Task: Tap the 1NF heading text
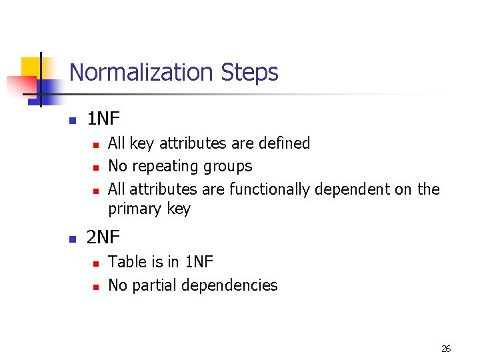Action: click(103, 119)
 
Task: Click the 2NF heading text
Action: click(103, 237)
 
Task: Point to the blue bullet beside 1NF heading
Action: click(73, 121)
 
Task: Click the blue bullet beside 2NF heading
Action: click(73, 238)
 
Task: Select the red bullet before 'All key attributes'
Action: click(95, 144)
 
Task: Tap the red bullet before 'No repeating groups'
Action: click(95, 167)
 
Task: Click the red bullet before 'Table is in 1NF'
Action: click(95, 263)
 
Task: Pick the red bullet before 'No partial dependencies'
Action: click(95, 287)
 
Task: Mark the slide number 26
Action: click(446, 349)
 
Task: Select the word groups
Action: click(227, 166)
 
